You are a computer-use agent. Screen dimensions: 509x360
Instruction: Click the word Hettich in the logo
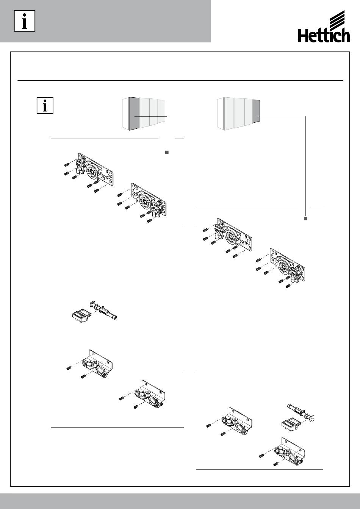point(324,36)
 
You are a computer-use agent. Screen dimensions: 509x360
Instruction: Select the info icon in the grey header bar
point(25,21)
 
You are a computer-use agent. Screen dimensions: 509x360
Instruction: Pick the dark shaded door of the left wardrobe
point(134,114)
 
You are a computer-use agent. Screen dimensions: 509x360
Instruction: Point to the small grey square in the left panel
point(167,152)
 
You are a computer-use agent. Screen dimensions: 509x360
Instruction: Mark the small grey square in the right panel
point(306,219)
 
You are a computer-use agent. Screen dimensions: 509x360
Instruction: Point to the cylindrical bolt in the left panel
point(104,311)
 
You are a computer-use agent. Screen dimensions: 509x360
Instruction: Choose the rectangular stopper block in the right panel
point(291,425)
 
